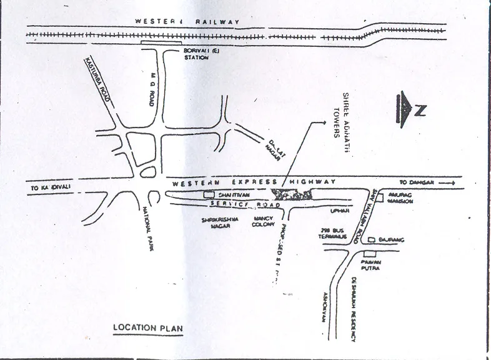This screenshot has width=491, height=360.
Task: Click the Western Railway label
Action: pyautogui.click(x=188, y=22)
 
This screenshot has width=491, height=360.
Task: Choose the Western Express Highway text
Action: pyautogui.click(x=254, y=182)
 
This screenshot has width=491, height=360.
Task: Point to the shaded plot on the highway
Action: pyautogui.click(x=291, y=194)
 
